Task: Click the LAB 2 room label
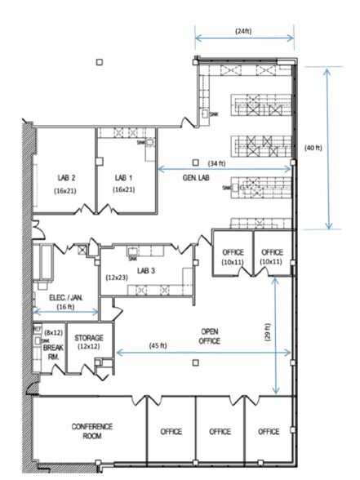pos(67,177)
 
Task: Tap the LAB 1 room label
pos(122,177)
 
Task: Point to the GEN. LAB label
pos(194,177)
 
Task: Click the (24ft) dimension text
pos(243,31)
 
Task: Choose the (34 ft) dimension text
pos(218,162)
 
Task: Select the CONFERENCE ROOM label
pos(91,431)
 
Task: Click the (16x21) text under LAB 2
pos(67,189)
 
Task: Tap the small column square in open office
pos(195,362)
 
